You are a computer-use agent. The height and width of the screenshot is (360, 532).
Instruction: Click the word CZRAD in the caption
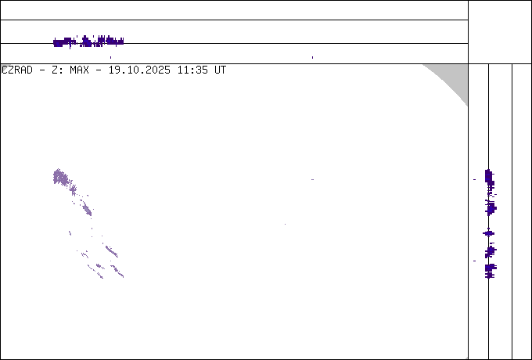[x=17, y=70]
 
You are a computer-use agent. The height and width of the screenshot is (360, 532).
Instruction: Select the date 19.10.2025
[x=139, y=70]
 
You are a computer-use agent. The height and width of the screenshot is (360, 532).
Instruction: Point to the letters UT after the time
[x=220, y=70]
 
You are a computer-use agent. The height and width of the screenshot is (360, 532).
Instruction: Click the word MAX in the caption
[x=79, y=70]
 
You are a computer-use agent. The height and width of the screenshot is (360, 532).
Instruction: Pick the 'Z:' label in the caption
[x=56, y=70]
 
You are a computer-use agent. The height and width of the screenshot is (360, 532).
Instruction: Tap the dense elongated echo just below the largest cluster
[x=87, y=209]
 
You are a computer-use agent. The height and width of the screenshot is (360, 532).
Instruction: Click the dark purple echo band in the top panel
[x=88, y=41]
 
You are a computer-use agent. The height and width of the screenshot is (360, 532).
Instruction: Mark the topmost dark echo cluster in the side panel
[x=489, y=178]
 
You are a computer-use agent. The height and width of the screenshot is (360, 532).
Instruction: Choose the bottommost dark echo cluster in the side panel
[x=491, y=271]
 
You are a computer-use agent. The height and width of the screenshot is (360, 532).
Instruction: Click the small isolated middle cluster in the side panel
[x=488, y=233]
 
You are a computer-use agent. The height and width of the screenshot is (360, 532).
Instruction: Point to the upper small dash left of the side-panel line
[x=474, y=179]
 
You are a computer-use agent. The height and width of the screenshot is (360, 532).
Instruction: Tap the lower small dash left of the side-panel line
[x=474, y=261]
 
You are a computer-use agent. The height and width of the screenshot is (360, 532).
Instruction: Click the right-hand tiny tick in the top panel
[x=312, y=57]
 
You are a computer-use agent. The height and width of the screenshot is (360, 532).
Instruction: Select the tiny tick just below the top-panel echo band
[x=110, y=57]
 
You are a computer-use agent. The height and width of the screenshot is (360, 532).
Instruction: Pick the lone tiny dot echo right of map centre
[x=285, y=224]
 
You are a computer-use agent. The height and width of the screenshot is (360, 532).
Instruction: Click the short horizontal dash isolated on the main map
[x=312, y=179]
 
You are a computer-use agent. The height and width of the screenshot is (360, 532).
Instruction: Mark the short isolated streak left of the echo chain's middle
[x=70, y=233]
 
